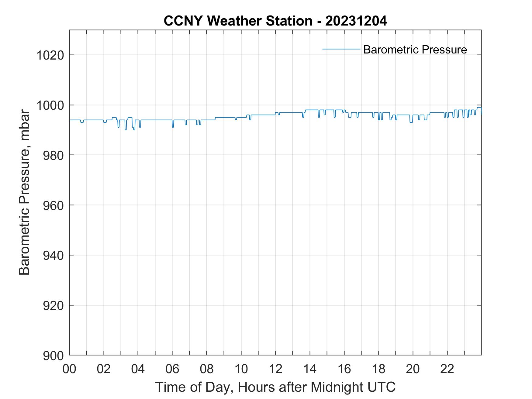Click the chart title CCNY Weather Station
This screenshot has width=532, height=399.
(x=238, y=21)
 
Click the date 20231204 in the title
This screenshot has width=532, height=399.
(x=356, y=21)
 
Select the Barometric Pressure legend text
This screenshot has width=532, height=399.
(x=415, y=50)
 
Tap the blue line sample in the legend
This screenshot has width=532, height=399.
(x=341, y=49)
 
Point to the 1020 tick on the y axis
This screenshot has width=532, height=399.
(x=50, y=55)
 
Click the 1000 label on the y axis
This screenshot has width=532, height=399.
(x=50, y=105)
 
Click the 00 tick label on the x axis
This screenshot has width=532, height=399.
(x=69, y=369)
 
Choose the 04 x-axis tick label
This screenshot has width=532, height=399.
(x=138, y=369)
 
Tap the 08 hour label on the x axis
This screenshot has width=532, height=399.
(x=207, y=369)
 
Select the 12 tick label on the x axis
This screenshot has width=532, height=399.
(x=275, y=369)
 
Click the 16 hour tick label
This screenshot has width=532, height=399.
(x=344, y=369)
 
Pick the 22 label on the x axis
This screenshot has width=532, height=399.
(x=447, y=369)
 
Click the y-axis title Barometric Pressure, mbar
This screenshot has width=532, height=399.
(x=24, y=192)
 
